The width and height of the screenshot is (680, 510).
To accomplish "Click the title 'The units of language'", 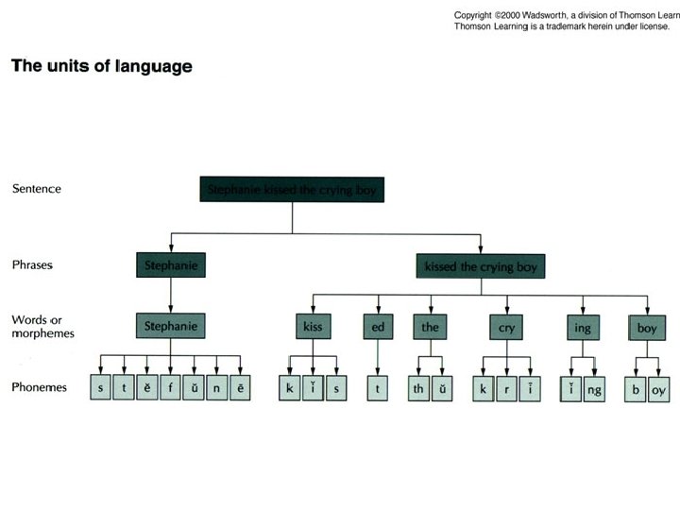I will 101,67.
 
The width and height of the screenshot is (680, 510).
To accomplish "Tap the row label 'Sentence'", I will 37,188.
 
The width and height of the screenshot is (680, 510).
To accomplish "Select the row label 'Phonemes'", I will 39,387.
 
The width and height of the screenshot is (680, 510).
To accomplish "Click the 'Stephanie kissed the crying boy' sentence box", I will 292,190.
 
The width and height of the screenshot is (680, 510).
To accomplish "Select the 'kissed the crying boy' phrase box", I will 480,267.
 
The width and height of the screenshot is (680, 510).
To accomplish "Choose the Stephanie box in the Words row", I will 171,327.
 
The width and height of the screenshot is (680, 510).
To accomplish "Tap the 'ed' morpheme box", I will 378,327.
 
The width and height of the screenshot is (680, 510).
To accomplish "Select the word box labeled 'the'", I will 430,327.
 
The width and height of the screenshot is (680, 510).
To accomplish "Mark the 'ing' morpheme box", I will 583,327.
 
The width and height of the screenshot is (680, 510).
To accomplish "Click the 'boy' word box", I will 646,327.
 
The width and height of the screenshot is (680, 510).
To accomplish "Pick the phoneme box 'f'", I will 170,388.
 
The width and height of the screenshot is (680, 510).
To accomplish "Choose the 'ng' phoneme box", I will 593,388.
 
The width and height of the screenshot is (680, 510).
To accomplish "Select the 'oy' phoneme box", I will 658,388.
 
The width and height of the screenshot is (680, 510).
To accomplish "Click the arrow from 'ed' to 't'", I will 378,358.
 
